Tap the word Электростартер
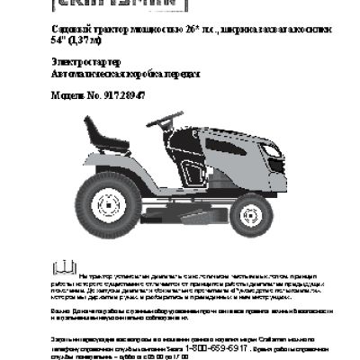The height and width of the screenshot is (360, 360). tap(76, 62)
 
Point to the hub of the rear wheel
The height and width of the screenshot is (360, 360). tap(106, 200)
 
